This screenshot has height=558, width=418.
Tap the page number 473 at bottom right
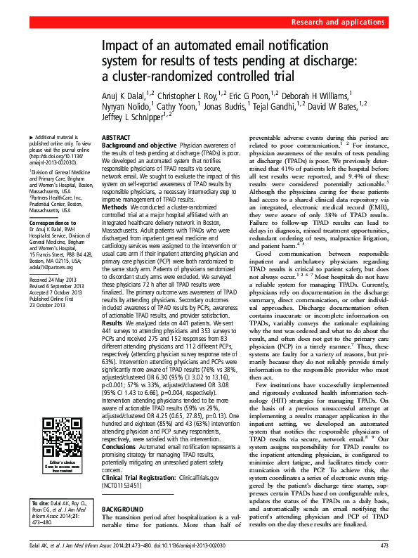pos(385,545)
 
